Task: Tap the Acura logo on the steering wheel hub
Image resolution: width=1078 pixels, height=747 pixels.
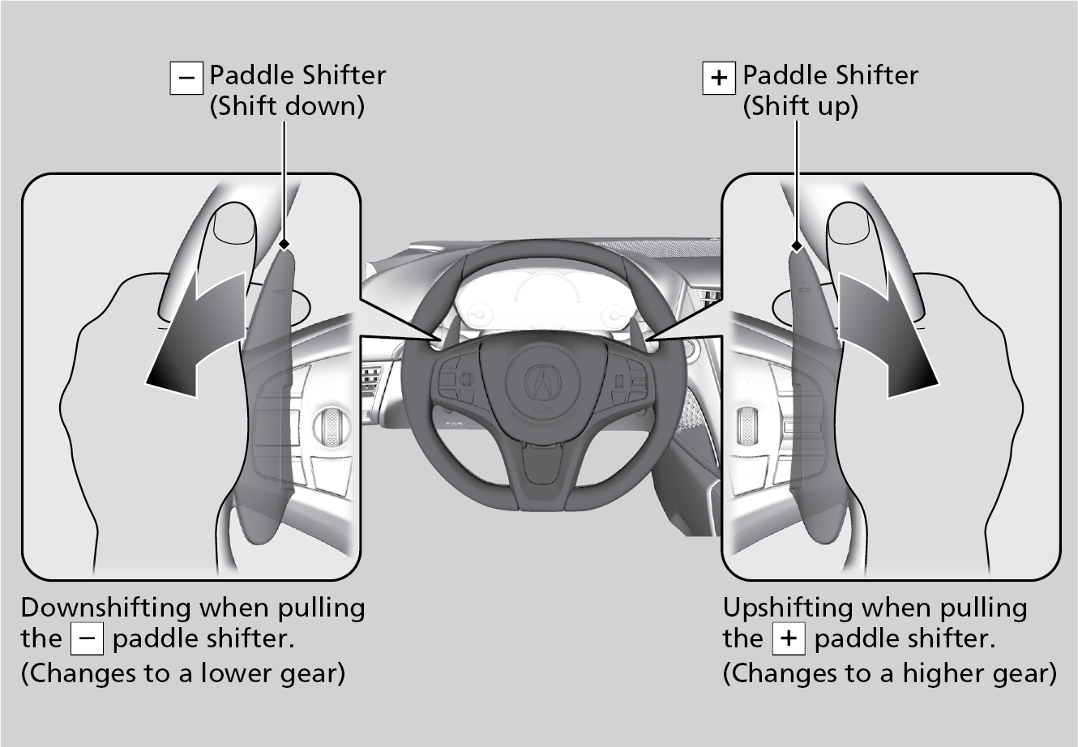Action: click(537, 379)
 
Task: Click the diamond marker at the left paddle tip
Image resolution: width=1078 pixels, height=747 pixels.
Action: click(284, 243)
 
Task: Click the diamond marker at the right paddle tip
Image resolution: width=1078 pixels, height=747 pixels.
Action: click(796, 245)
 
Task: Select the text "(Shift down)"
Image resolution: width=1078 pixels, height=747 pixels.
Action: click(287, 106)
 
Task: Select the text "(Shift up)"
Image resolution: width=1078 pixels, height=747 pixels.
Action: click(800, 106)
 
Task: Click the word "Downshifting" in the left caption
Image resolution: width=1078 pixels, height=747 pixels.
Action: click(105, 608)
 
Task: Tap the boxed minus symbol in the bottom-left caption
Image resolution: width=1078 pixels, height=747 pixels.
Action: click(87, 639)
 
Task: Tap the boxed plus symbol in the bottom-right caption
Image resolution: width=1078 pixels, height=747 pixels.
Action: click(789, 639)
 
